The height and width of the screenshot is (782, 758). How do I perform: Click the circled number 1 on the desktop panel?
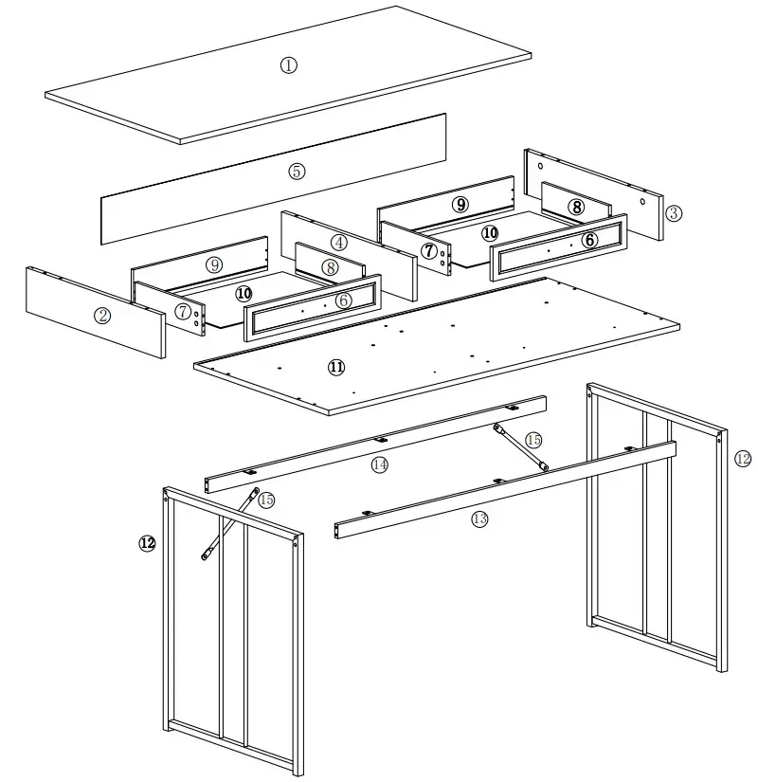coord(289,64)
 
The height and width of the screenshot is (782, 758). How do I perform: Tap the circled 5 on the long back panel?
coord(298,172)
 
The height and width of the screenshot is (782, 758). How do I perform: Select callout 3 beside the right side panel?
coord(673,212)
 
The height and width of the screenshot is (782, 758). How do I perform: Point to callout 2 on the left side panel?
coord(102,316)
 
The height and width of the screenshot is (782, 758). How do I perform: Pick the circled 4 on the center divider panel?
coord(338,241)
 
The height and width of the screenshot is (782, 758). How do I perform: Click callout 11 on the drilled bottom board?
coord(336,368)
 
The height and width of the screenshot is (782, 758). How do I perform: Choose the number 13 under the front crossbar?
coord(479,518)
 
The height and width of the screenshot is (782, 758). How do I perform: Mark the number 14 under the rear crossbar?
coord(380,464)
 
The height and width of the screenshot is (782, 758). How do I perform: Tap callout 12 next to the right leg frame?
coord(742,459)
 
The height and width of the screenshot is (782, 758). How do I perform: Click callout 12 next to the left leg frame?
coord(147,543)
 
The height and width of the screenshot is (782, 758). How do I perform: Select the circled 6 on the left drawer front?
coord(343,300)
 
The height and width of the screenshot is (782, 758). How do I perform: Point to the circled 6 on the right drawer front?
coord(589,241)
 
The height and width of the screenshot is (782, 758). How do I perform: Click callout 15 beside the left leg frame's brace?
coord(266,500)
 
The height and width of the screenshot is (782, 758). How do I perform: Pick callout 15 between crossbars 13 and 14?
coord(533,440)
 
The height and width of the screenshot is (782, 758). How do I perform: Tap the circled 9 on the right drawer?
coord(460,204)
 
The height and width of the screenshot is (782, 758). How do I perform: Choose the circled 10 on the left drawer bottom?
coord(244,294)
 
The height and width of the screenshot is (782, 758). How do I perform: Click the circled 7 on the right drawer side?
coord(429,250)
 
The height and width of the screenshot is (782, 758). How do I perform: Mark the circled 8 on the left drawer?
coord(329,267)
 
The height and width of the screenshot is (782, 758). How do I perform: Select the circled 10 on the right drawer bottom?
coord(489,232)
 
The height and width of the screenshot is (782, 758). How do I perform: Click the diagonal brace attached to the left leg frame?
coord(227,525)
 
